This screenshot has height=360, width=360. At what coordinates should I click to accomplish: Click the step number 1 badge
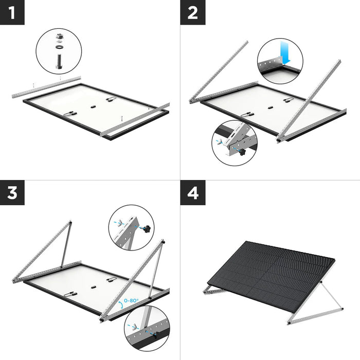point(12,12)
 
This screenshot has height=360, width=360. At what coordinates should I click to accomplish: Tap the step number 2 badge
point(192,12)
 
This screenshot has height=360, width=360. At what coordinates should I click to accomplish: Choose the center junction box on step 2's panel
point(269,109)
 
